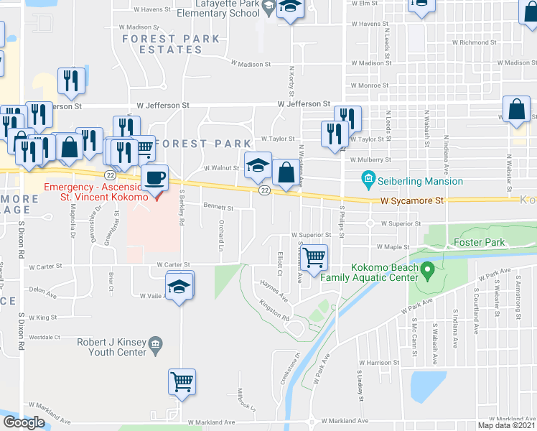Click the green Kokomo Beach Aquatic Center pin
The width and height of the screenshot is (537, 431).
[428, 272]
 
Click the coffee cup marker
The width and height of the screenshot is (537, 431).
[155, 177]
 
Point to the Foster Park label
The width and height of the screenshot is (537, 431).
[479, 243]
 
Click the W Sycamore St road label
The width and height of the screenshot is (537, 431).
[408, 202]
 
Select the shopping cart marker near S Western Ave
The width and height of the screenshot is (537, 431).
[314, 258]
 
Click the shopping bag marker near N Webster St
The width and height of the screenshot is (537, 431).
[516, 111]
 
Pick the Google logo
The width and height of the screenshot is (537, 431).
[24, 422]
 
